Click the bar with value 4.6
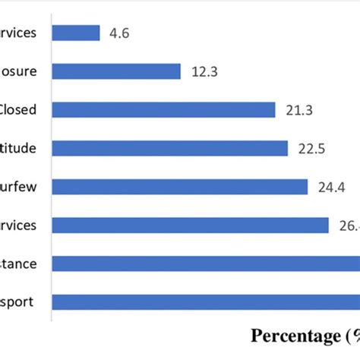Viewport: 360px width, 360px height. tap(76, 33)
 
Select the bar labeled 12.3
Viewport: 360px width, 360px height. tap(116, 71)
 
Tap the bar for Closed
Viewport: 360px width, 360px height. tap(163, 110)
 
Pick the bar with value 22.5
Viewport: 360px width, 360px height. tap(170, 148)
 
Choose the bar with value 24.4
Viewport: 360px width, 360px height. tap(180, 187)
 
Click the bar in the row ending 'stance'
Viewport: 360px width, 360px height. tap(205, 264)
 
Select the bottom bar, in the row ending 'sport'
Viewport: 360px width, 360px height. tap(205, 302)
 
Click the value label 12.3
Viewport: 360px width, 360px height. tap(204, 71)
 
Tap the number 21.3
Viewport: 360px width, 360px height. tap(298, 110)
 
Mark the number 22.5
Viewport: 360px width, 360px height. tap(311, 148)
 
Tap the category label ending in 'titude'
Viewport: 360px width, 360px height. tap(18, 148)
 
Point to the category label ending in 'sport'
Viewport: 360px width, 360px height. tap(18, 302)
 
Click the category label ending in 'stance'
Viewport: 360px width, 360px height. tap(18, 264)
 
